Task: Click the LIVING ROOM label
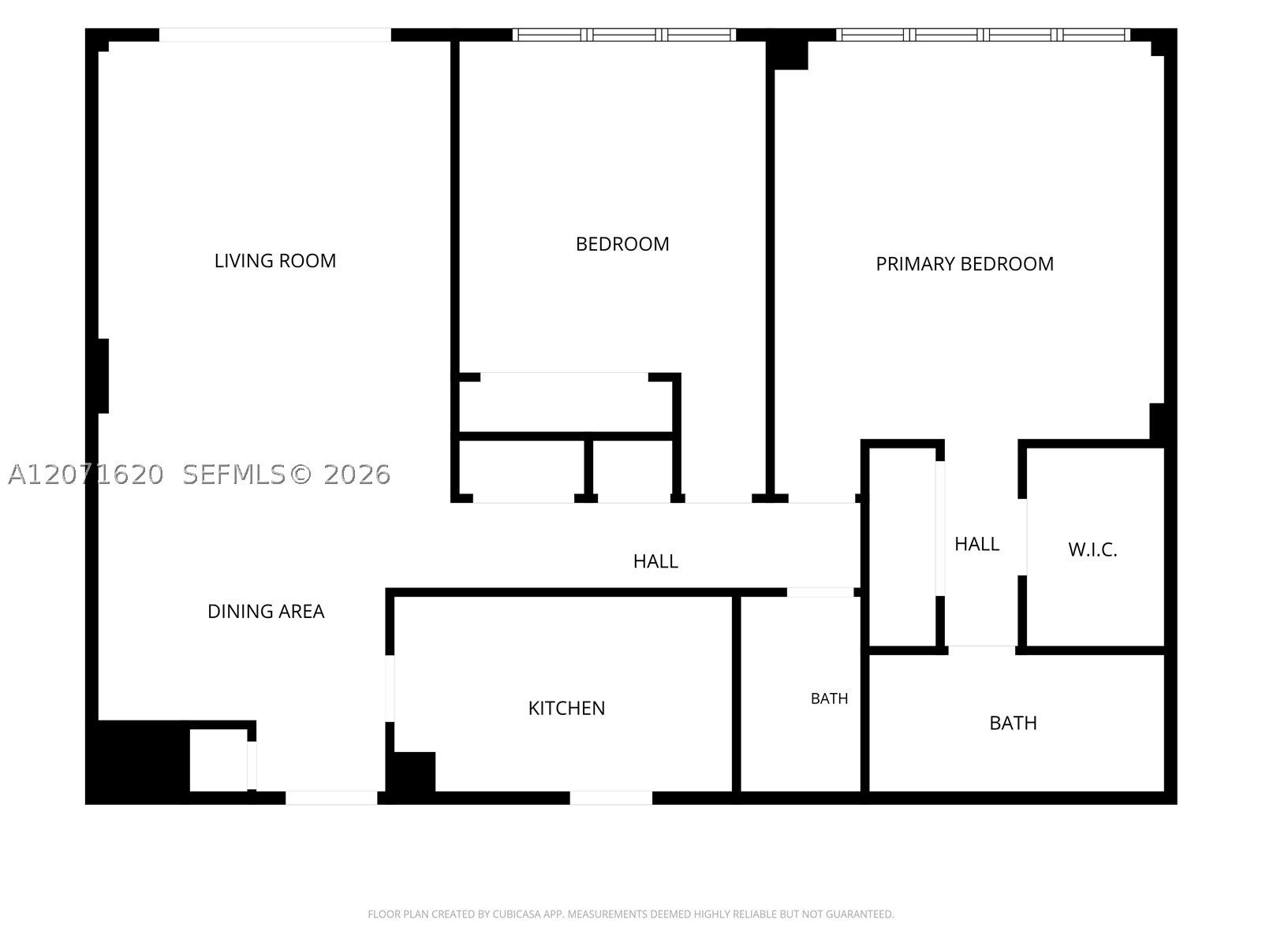click(274, 261)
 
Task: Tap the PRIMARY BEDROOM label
click(964, 263)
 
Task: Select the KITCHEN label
click(566, 708)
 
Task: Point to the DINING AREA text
click(266, 611)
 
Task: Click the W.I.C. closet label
click(1092, 549)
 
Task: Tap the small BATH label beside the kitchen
click(829, 698)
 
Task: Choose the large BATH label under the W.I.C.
click(1013, 723)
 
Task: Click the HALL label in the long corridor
click(655, 561)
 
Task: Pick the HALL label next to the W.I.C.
click(976, 544)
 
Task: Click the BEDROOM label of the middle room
click(622, 244)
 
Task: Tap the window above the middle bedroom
click(624, 35)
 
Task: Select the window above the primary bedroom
click(983, 35)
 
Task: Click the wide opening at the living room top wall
click(274, 35)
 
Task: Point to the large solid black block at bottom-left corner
click(137, 761)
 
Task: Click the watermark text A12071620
click(86, 475)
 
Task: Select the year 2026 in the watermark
click(357, 475)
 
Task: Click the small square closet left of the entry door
click(218, 761)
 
